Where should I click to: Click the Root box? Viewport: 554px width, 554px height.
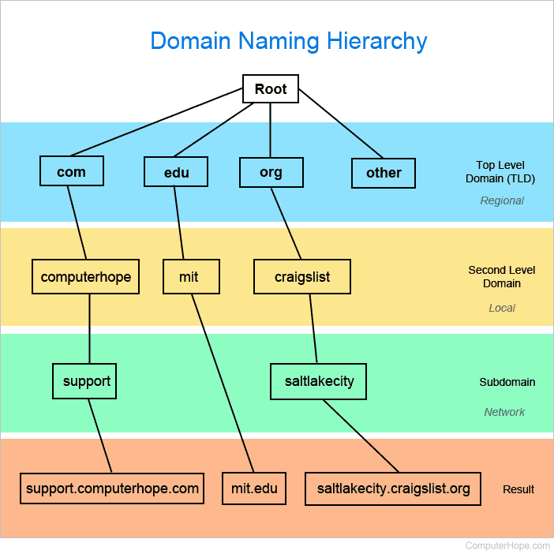(x=271, y=88)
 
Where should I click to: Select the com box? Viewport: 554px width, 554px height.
(x=71, y=171)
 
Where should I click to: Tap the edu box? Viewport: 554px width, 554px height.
(x=176, y=172)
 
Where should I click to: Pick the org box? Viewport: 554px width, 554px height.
(x=271, y=172)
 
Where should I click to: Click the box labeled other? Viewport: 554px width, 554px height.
(x=384, y=173)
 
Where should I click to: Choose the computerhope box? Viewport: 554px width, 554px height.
(x=85, y=277)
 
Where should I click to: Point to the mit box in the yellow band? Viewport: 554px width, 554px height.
(x=189, y=277)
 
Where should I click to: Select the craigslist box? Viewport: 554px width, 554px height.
(x=302, y=277)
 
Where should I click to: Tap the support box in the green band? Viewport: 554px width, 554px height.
(x=87, y=381)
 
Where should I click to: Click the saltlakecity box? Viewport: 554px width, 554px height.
(x=319, y=381)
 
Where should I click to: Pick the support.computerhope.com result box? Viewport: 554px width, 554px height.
(x=112, y=488)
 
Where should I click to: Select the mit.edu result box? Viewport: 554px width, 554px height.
(x=254, y=488)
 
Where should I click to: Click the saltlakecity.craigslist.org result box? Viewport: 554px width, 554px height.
(x=393, y=488)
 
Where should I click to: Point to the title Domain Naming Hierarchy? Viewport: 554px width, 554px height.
(x=289, y=41)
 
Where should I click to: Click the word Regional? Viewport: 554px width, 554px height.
(x=502, y=200)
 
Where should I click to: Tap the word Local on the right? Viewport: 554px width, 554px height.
(x=502, y=308)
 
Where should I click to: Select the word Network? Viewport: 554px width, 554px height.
(x=504, y=412)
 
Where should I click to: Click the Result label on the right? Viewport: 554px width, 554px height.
(x=518, y=489)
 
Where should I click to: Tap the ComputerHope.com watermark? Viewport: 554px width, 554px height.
(x=507, y=545)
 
